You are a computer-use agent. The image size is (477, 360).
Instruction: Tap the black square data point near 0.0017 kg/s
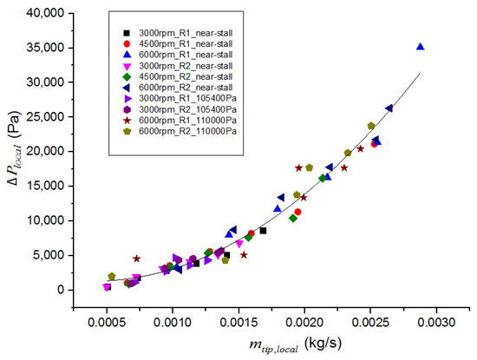tap(263, 231)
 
